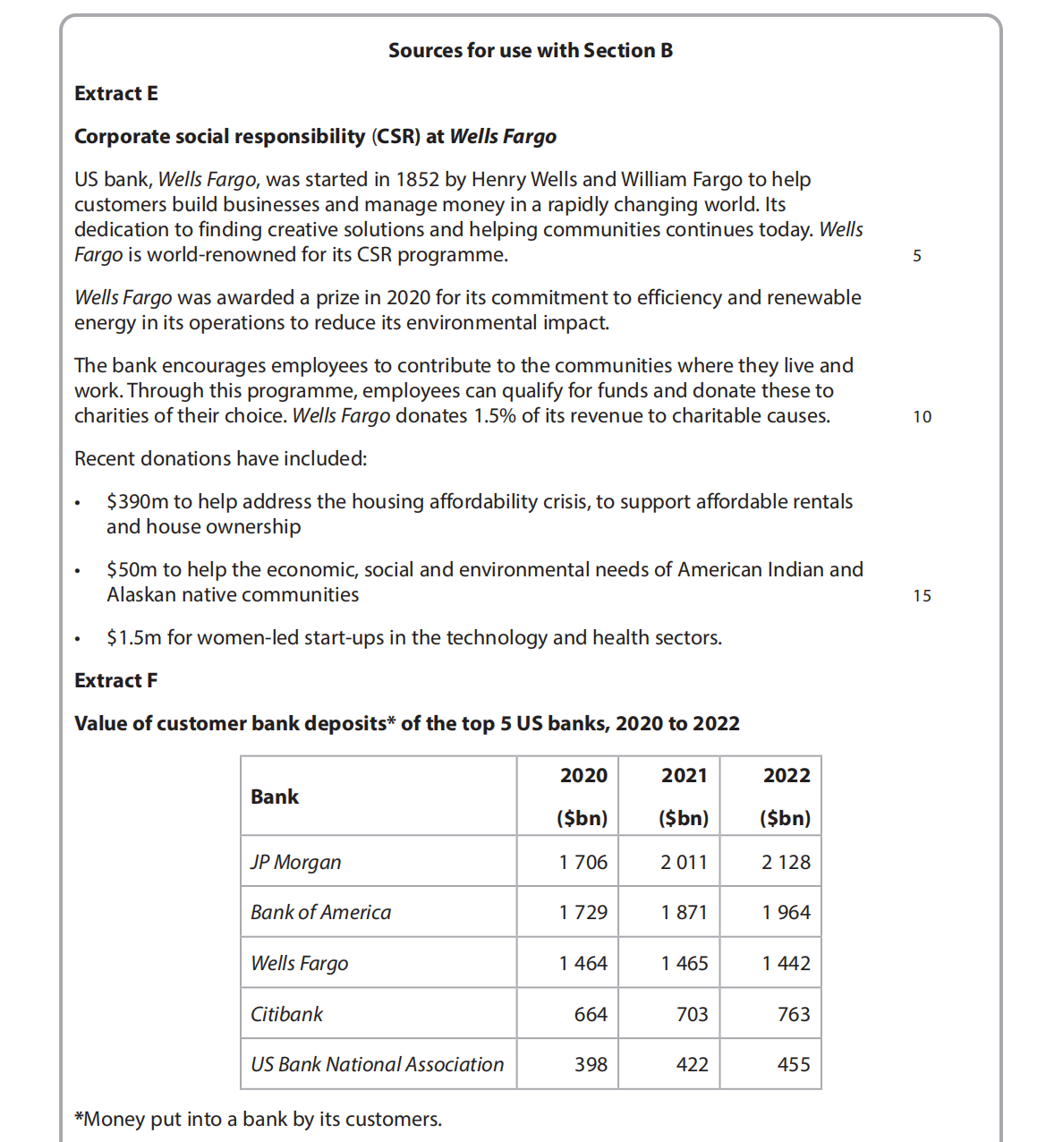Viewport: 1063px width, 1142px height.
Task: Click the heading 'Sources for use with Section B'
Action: point(530,51)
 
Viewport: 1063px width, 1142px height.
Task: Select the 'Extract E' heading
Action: point(116,94)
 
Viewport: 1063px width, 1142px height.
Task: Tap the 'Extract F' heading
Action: point(116,681)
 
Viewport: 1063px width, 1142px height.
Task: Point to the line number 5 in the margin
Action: point(917,256)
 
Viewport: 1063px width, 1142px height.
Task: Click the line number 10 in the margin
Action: point(922,417)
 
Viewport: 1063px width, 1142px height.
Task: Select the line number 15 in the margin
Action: point(922,596)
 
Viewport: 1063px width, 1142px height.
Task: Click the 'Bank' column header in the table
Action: point(275,797)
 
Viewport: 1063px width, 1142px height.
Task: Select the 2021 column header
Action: point(684,776)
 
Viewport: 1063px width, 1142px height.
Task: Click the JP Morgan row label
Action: point(296,863)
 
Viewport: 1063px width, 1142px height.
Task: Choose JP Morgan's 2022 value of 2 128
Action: point(786,863)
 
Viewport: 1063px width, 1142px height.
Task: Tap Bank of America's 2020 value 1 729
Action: point(583,913)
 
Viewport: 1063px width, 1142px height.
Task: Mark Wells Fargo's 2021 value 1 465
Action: point(684,964)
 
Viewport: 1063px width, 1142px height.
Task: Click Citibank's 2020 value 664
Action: point(591,1015)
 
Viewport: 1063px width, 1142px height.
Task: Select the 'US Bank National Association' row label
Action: point(377,1065)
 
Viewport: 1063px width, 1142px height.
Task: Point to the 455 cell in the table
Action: point(793,1065)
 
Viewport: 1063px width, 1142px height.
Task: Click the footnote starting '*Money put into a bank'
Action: point(258,1120)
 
